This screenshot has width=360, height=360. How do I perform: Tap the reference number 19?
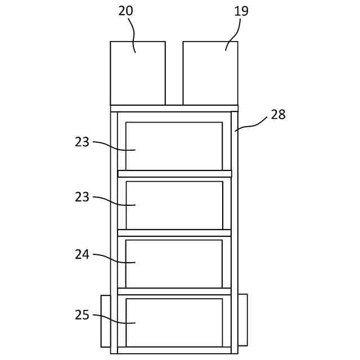[241, 11]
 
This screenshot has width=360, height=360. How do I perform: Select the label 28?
[278, 115]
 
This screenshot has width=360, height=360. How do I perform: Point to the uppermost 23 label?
[82, 142]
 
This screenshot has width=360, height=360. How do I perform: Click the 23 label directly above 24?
[82, 197]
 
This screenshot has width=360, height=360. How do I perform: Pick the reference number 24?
[82, 255]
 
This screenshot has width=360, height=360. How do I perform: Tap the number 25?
[82, 315]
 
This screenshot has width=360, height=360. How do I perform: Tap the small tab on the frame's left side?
[106, 321]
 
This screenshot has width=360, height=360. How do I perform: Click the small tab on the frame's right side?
[242, 319]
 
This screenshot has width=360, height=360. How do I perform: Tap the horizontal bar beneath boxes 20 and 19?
[174, 108]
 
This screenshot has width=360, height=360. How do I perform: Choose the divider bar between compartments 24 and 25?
[174, 291]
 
